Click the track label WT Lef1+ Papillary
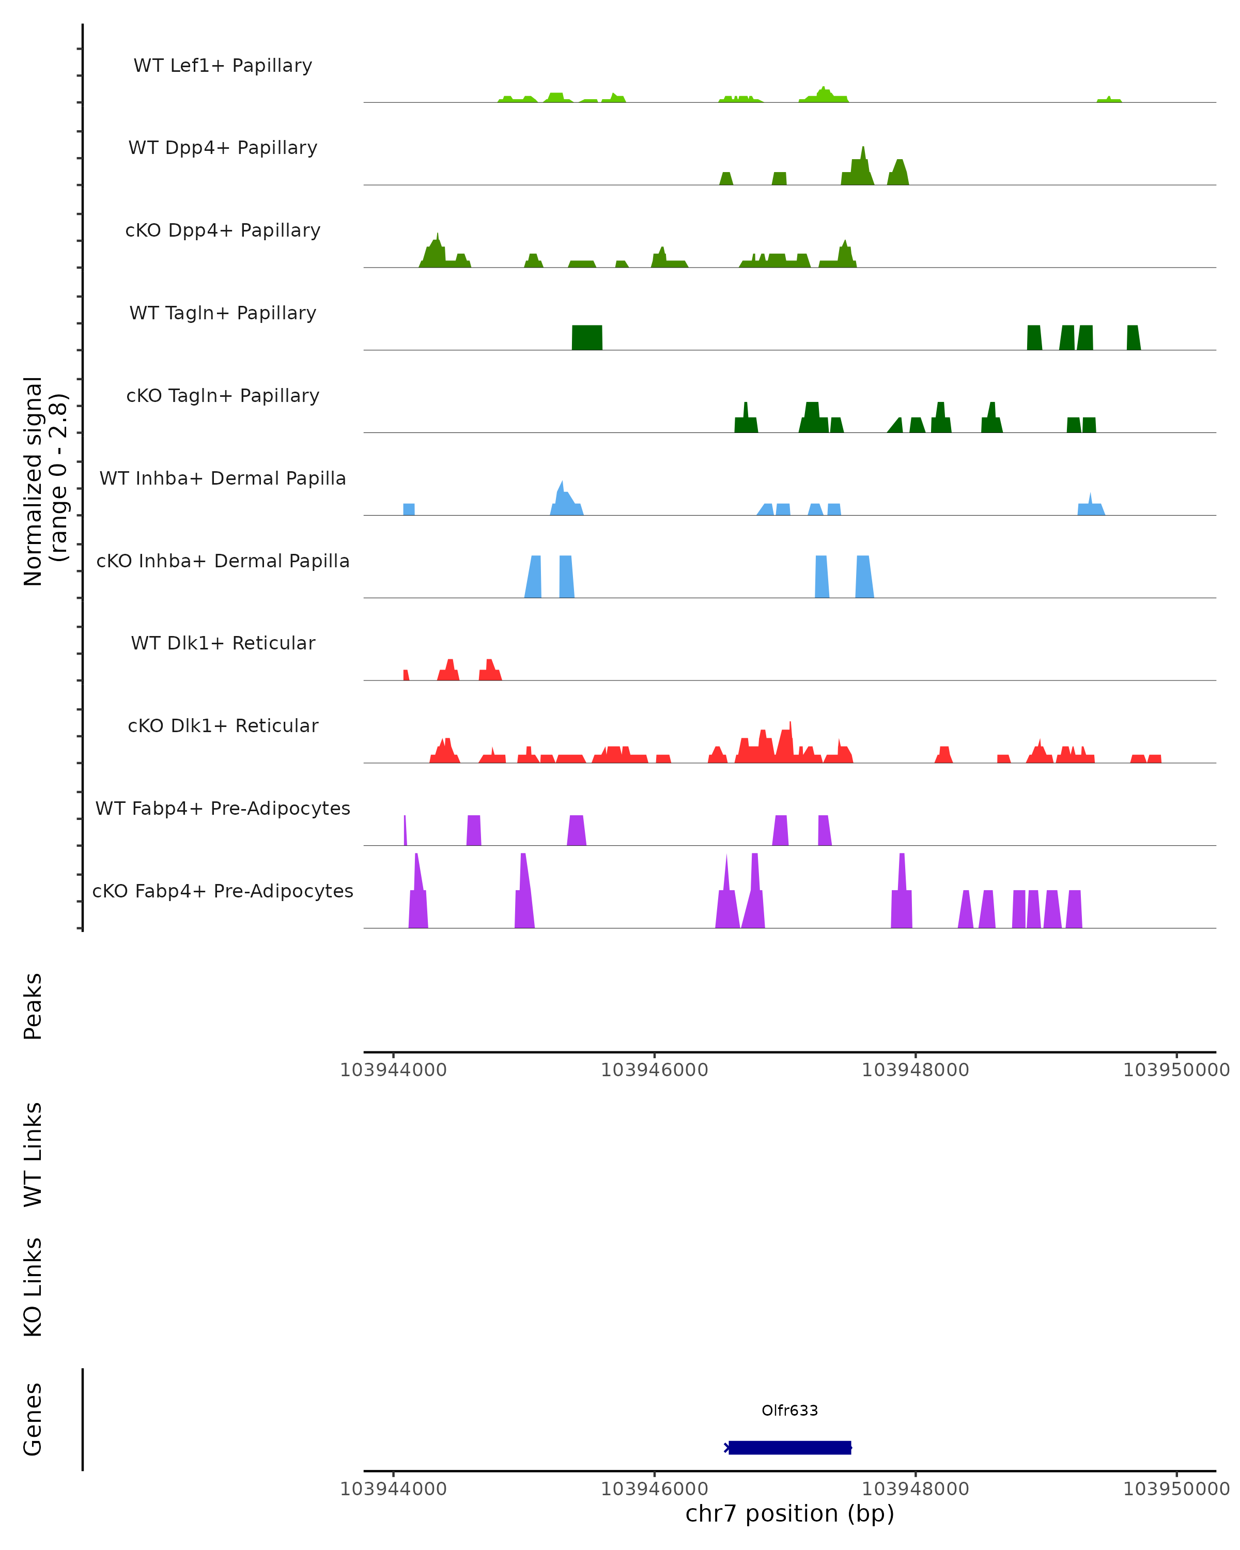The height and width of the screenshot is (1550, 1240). [223, 66]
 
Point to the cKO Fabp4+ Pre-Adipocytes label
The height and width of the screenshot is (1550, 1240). [223, 891]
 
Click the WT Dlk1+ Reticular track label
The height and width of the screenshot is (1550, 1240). [223, 643]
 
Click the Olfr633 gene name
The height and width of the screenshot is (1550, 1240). [789, 1410]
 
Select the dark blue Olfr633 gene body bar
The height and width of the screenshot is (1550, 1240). [789, 1447]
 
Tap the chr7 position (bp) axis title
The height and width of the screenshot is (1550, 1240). [789, 1513]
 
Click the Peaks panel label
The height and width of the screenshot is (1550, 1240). [33, 1006]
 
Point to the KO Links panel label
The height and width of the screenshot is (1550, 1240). [33, 1287]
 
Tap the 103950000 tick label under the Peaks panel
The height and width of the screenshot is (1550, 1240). [1176, 1070]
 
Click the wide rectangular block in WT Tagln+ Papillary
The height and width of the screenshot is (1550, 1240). [586, 337]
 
